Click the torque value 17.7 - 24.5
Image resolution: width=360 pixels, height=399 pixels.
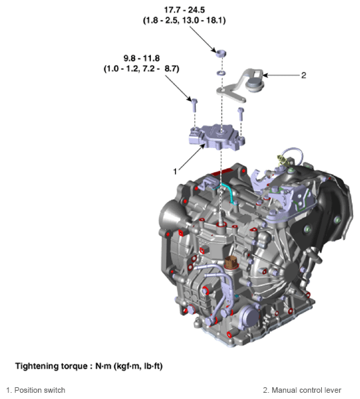pyautogui.click(x=220, y=10)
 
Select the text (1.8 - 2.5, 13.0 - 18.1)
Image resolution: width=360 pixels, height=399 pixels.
pyautogui.click(x=220, y=20)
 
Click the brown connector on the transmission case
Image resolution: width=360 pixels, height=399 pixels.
pyautogui.click(x=231, y=265)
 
